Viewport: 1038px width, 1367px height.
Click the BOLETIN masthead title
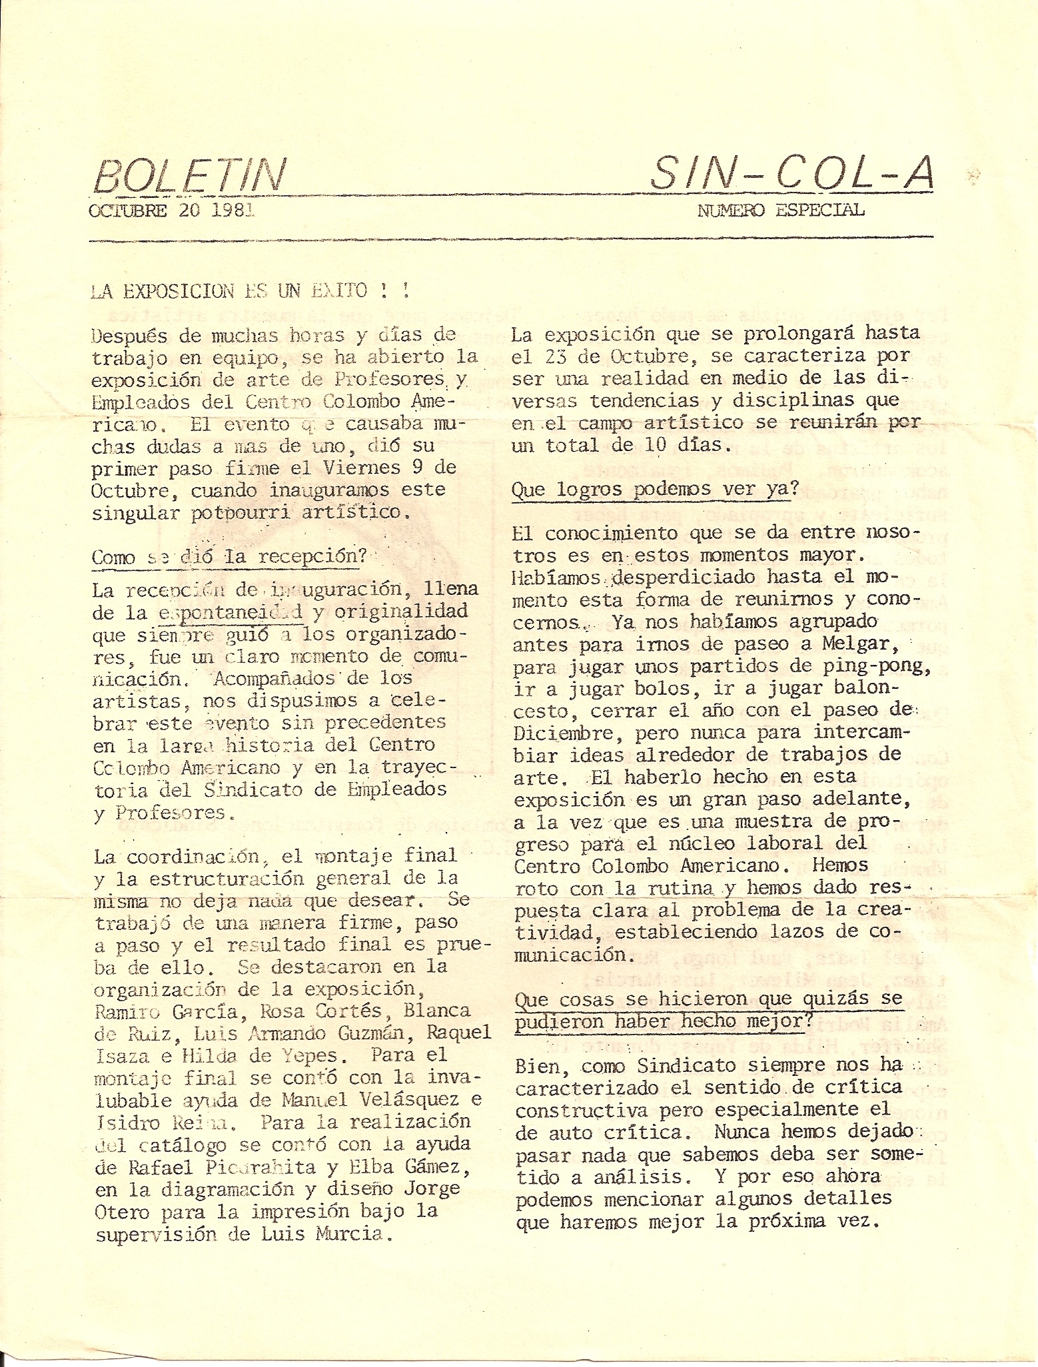coord(191,176)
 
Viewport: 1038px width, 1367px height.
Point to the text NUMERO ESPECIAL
coord(780,211)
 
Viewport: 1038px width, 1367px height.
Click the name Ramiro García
coord(166,1011)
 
